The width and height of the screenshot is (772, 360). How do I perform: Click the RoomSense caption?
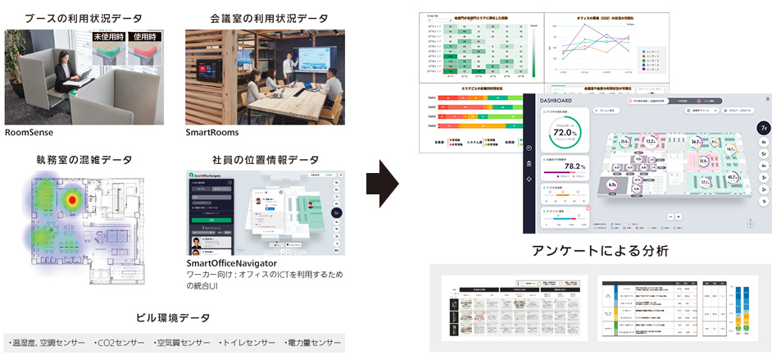[x=30, y=131]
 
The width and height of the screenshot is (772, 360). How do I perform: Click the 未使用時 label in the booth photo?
[x=111, y=37]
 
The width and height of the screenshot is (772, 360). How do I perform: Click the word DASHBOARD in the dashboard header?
[x=557, y=101]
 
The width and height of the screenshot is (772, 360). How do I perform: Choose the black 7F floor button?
[x=763, y=128]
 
